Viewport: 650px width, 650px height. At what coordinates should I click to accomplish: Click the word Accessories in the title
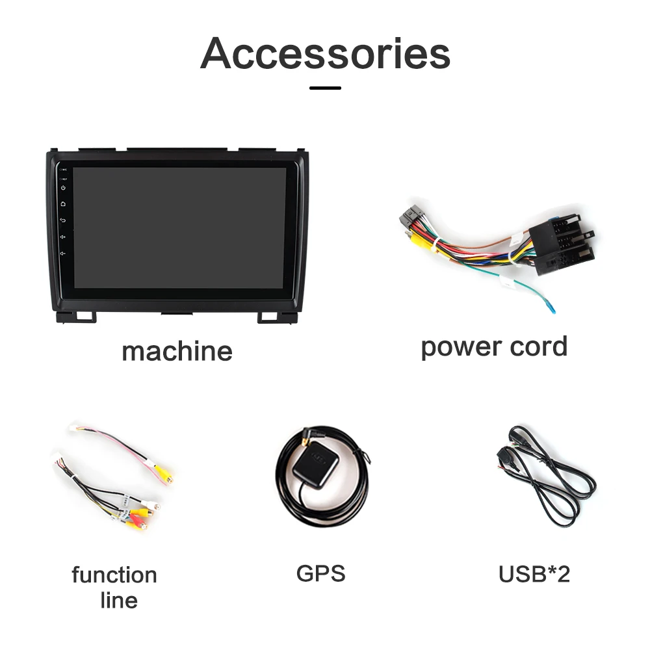pyautogui.click(x=325, y=53)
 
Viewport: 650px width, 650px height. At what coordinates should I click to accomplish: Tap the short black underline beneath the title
pyautogui.click(x=325, y=87)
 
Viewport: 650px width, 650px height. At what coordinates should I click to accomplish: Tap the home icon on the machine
pyautogui.click(x=63, y=204)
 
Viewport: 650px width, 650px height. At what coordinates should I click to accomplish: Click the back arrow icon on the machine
pyautogui.click(x=63, y=220)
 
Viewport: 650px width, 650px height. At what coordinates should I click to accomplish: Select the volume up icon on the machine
pyautogui.click(x=63, y=237)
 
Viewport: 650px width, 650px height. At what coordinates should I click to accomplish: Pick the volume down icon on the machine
pyautogui.click(x=63, y=253)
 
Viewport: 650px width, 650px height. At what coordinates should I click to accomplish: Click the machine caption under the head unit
pyautogui.click(x=177, y=351)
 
